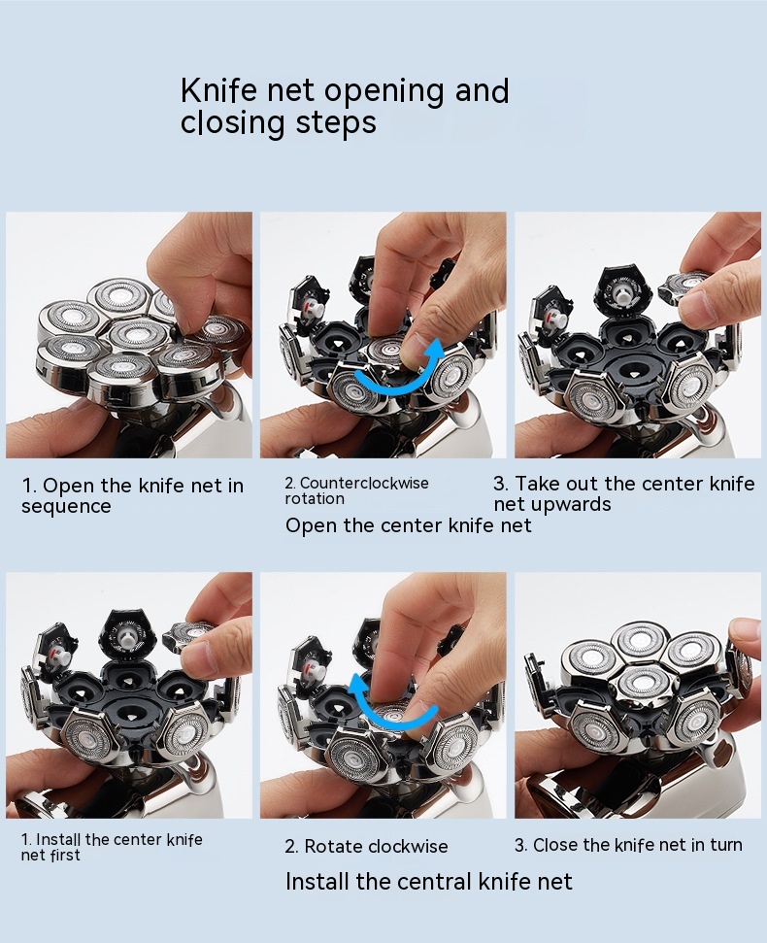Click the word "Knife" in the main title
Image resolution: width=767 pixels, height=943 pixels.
point(218,91)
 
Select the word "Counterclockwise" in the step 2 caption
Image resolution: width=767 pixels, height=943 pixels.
point(364,483)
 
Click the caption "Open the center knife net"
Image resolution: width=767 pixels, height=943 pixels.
point(408,525)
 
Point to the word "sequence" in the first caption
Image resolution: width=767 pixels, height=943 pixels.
point(66,507)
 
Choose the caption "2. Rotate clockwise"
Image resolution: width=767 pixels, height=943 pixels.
point(366,846)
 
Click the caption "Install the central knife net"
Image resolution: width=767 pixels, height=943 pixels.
point(428,882)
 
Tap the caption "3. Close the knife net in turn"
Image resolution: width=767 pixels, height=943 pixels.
point(628,845)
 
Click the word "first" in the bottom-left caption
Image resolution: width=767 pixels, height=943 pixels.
point(65,855)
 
